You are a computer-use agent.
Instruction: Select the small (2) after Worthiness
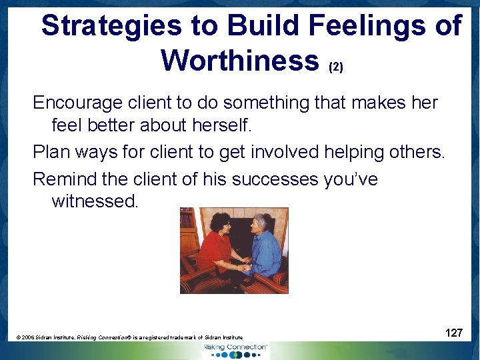[335, 67]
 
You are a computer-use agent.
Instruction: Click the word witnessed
[95, 201]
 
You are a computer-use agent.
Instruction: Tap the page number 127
[454, 333]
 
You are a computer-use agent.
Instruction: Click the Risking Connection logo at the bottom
[235, 349]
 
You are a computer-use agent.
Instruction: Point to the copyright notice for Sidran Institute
[130, 338]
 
